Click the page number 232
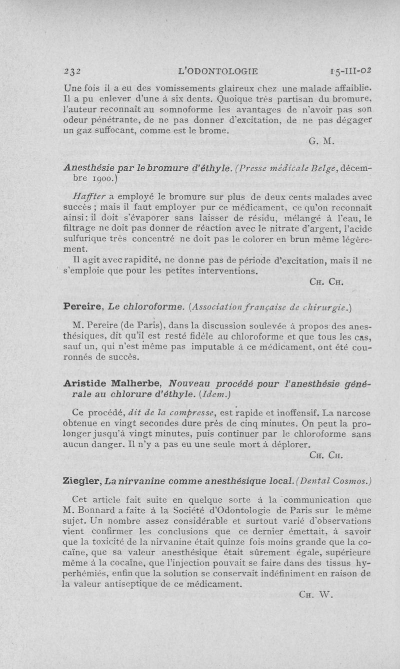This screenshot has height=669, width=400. [73, 70]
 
